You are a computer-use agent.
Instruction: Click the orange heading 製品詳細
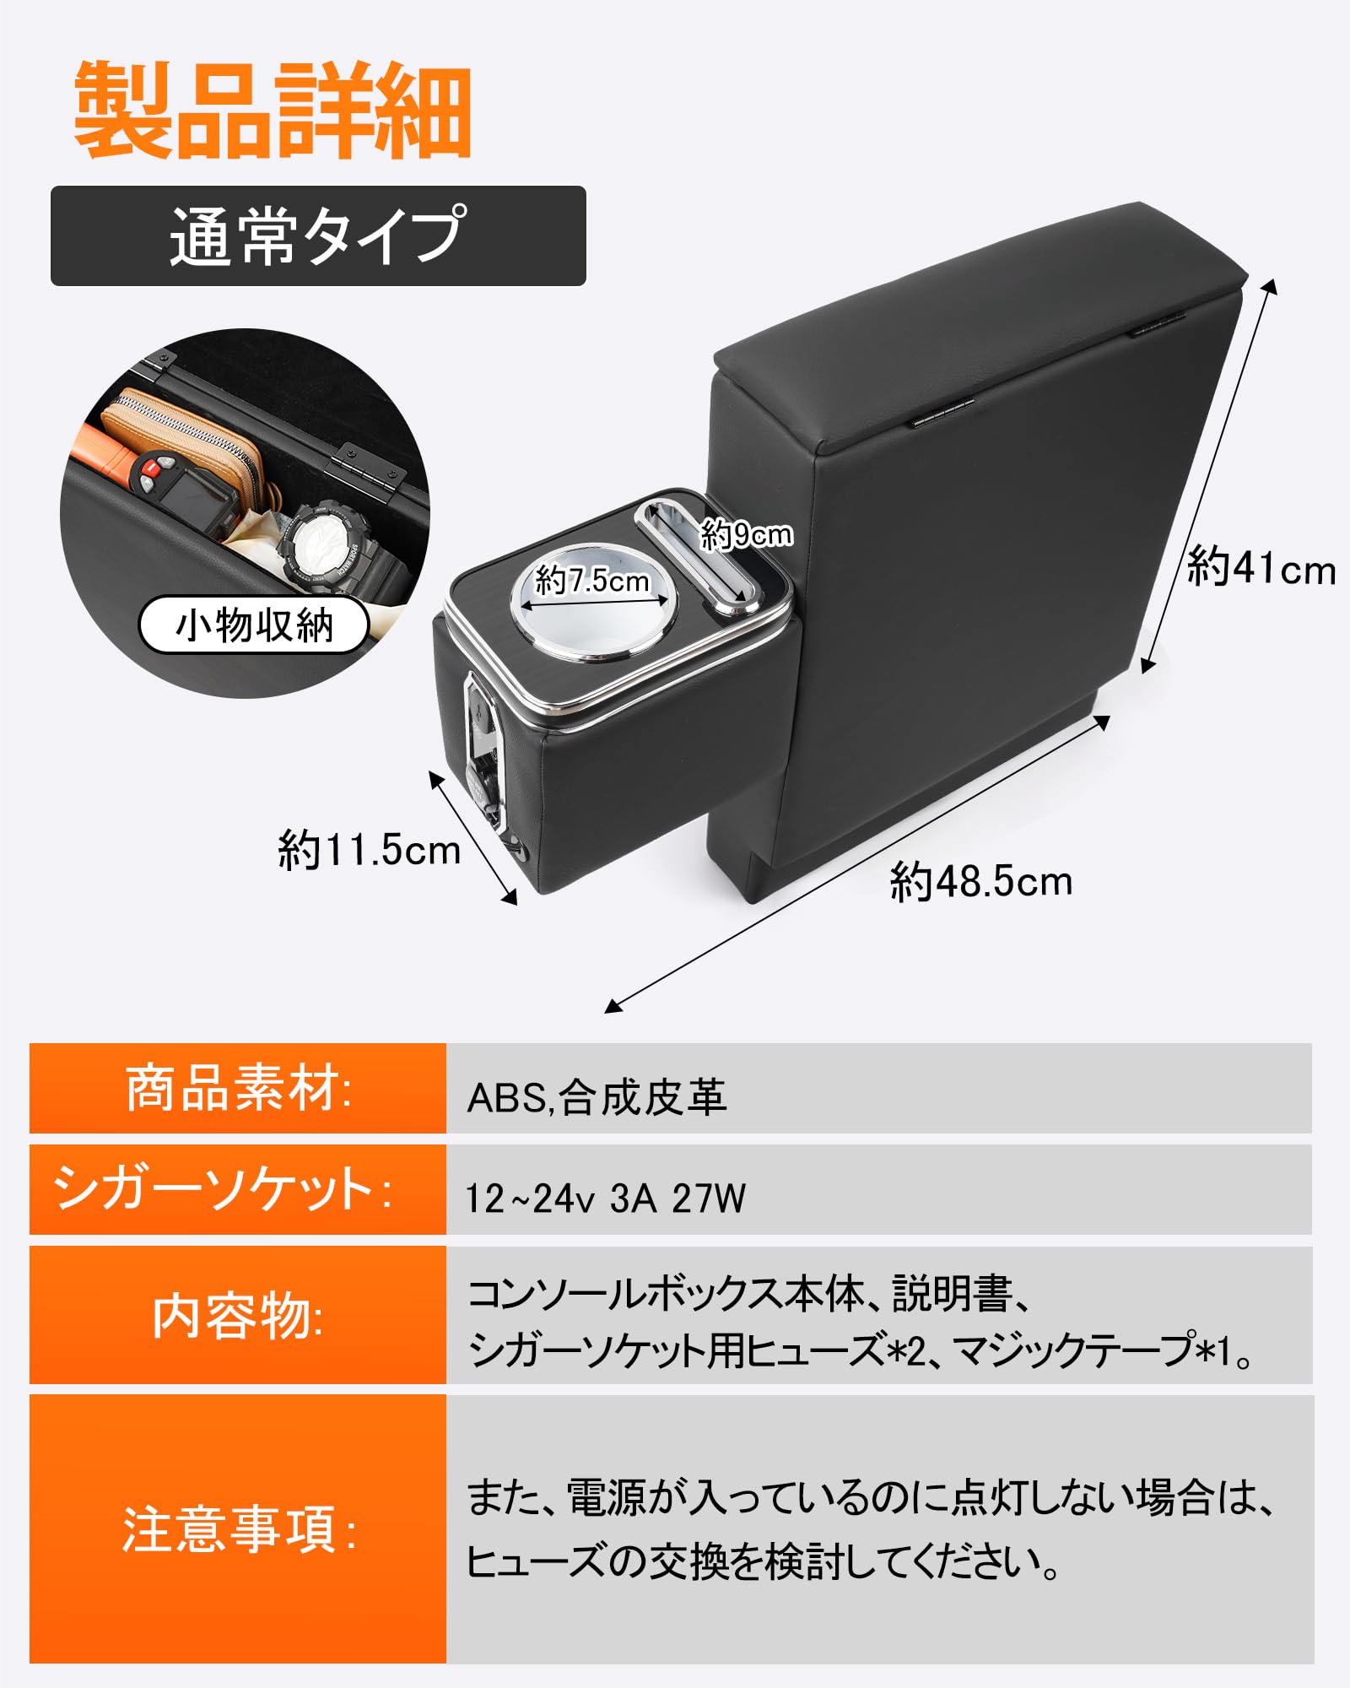(273, 110)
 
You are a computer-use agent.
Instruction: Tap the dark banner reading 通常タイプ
(318, 236)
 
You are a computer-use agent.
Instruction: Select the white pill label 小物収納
(254, 625)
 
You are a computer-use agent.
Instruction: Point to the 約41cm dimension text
(1261, 568)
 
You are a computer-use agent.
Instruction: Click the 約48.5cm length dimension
(980, 882)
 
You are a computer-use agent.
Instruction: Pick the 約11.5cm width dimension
(369, 850)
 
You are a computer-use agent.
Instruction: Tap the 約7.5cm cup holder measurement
(592, 581)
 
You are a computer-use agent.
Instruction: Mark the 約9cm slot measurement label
(746, 534)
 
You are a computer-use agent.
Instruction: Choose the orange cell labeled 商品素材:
(238, 1089)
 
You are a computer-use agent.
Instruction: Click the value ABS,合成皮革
(597, 1098)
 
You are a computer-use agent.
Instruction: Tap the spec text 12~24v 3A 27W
(606, 1198)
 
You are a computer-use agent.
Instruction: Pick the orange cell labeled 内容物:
(238, 1316)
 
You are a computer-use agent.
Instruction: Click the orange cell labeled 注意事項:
(238, 1529)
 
